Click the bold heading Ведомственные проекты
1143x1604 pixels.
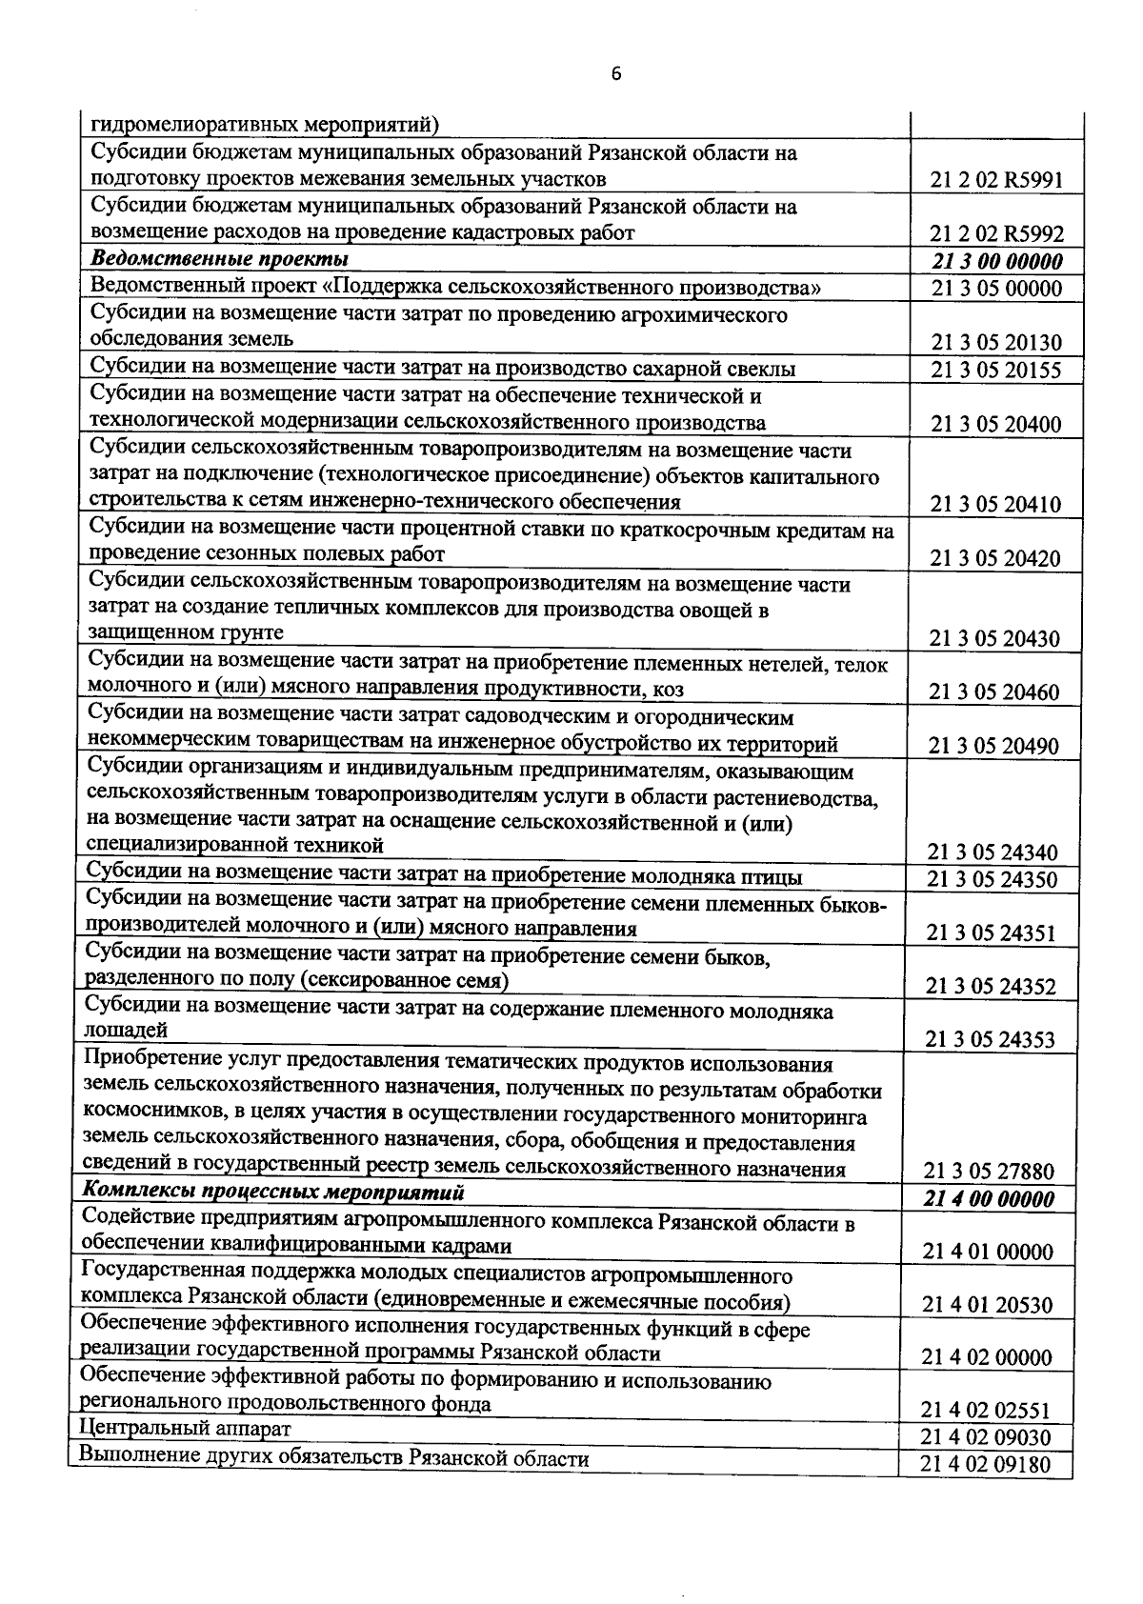(x=219, y=259)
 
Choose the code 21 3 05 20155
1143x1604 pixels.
(x=996, y=371)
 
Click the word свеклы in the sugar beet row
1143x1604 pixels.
(x=762, y=369)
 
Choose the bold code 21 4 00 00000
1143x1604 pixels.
(x=991, y=1199)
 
